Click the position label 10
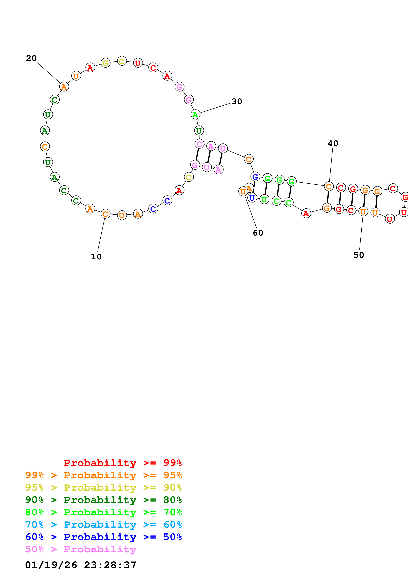tap(96, 257)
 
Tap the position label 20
tap(31, 58)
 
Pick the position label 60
tap(258, 233)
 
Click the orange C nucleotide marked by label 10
tap(106, 214)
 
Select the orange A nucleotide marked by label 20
tap(64, 87)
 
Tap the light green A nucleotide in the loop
tap(195, 115)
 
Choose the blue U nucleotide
tap(252, 198)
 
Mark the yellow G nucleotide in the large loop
tap(106, 63)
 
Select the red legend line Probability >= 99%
tap(123, 463)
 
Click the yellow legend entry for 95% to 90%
tap(103, 488)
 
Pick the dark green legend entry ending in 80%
tap(103, 500)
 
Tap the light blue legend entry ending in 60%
tap(103, 525)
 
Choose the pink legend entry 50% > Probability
tap(81, 549)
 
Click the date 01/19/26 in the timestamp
tap(51, 565)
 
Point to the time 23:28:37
tap(110, 565)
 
